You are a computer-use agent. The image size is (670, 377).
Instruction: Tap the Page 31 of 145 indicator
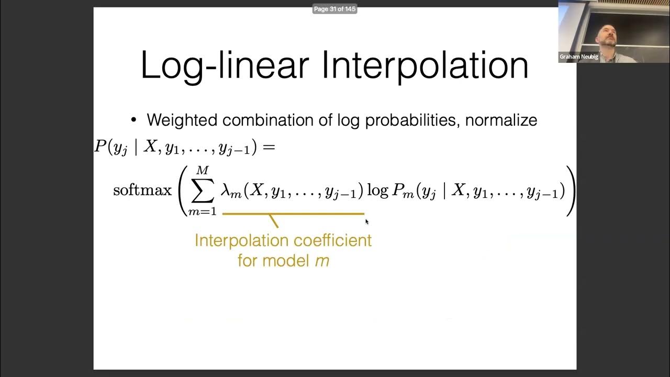335,9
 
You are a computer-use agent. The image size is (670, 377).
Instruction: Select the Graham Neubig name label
578,57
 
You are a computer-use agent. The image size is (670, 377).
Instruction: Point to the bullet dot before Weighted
133,120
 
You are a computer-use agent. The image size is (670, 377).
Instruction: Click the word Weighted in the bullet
183,120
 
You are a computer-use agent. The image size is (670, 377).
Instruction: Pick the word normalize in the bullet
501,120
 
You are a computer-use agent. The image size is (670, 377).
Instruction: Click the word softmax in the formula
142,190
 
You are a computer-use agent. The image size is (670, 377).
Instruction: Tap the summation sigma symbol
202,191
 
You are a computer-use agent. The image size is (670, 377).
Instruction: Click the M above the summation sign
202,171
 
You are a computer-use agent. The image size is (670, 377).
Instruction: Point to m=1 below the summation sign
203,212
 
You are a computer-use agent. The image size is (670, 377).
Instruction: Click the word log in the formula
377,191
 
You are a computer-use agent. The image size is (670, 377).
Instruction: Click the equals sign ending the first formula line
269,148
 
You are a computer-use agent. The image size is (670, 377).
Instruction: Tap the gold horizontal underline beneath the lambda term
293,214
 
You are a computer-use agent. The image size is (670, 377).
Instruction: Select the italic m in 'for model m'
322,260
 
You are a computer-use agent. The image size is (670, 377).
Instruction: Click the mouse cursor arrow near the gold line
367,221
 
